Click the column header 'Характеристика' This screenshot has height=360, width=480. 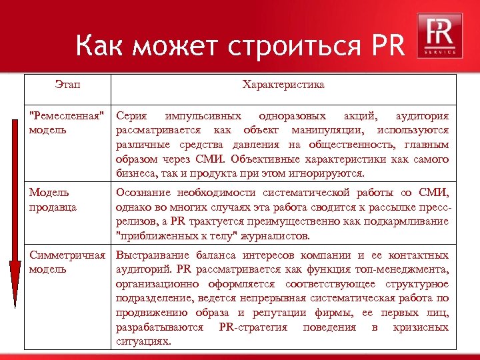point(283,85)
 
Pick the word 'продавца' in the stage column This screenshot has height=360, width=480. point(53,207)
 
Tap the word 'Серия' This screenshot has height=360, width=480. point(132,115)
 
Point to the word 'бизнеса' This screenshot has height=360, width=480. point(135,174)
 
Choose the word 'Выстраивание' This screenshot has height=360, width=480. point(153,255)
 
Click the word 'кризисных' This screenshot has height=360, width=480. point(421,327)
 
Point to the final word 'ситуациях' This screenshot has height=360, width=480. point(143,341)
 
